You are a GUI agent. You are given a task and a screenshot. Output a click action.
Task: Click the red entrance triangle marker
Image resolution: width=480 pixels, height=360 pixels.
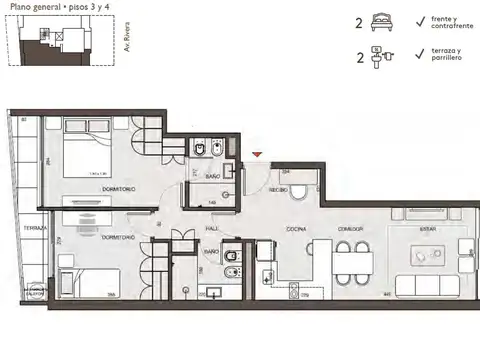[258, 154]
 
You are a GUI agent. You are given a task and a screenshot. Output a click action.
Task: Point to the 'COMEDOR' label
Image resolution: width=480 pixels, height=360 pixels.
[349, 228]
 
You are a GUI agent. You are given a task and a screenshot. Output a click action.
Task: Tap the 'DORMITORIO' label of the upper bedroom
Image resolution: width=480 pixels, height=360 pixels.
[117, 190]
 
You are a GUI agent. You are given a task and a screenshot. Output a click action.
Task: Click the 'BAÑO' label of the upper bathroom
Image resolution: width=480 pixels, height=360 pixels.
[212, 177]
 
